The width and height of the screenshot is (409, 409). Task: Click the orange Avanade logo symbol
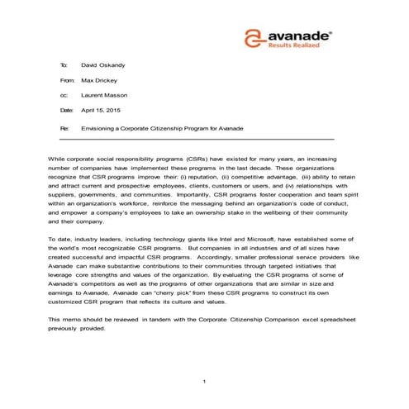256,38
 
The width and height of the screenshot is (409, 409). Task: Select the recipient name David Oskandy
102,64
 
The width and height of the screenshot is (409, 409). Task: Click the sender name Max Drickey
99,80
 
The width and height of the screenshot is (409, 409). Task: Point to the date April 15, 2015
101,111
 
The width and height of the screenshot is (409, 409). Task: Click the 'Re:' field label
64,129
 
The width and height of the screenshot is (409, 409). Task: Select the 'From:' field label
67,80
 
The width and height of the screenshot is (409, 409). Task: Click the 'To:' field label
64,64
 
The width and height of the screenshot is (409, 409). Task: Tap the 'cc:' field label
64,96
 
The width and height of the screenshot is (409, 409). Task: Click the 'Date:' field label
66,111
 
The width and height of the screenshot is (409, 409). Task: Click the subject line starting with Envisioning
163,129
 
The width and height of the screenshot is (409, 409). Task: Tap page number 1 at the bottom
204,381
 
